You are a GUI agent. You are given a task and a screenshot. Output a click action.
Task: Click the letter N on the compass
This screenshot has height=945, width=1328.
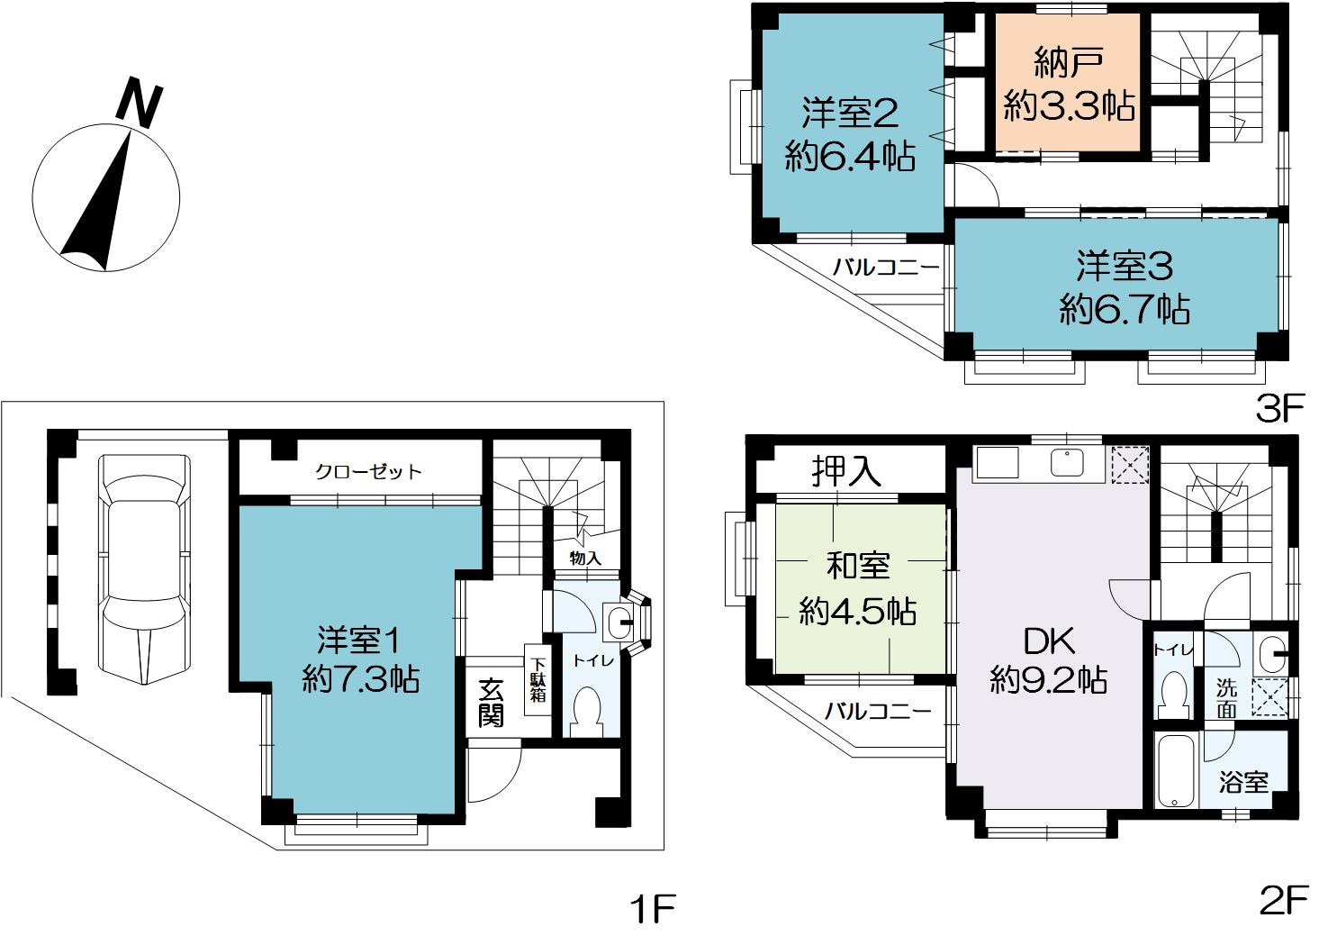pos(140,102)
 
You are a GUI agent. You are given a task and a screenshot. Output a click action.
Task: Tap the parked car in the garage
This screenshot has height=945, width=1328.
pos(146,569)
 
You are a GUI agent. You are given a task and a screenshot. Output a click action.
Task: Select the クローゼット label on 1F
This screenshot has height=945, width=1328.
pos(368,471)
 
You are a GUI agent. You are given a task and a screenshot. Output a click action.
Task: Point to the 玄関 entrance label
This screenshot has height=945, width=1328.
pos(492,703)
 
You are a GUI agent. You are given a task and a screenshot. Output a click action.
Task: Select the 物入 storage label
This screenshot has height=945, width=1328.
pos(585,559)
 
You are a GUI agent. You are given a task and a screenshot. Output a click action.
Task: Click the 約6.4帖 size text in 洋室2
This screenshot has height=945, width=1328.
pos(850,158)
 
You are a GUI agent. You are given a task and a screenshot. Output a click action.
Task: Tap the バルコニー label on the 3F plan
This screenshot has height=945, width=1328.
pos(886,267)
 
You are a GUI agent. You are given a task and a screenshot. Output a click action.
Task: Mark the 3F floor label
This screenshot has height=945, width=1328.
pos(1279,409)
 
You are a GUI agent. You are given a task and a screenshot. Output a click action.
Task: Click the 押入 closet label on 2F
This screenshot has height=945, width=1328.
pos(845,470)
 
